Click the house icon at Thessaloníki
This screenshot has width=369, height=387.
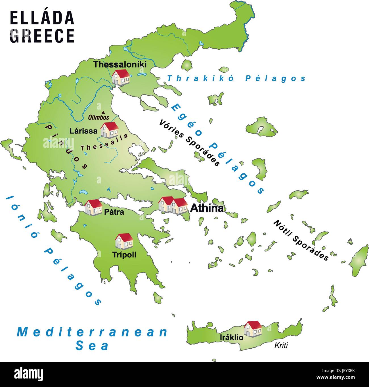click(x=121, y=77)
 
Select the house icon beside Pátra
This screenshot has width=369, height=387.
click(x=93, y=207)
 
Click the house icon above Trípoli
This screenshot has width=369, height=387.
click(x=124, y=241)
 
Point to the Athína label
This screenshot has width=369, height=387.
click(x=207, y=208)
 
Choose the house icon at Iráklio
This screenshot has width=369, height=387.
click(x=253, y=329)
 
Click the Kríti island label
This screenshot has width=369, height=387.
click(x=281, y=345)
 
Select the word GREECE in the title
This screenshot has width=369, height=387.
click(x=42, y=36)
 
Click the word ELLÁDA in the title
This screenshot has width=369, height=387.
click(x=42, y=18)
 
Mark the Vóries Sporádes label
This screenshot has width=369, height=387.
click(x=189, y=143)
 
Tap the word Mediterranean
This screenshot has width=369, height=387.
click(x=93, y=332)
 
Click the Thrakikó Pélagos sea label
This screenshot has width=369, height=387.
click(x=236, y=78)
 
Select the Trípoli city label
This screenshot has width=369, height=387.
click(x=124, y=255)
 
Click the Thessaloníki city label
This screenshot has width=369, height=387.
click(x=120, y=64)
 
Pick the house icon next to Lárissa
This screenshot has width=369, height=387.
click(x=110, y=130)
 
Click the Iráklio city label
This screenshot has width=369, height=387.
click(x=231, y=337)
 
